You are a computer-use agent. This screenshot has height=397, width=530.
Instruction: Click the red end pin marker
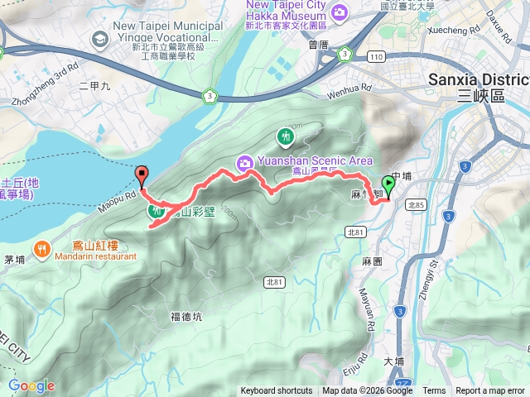tap(142, 175)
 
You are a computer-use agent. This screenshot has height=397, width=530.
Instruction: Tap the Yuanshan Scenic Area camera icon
tap(245, 161)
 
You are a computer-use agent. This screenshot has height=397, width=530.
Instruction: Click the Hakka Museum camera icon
tap(339, 12)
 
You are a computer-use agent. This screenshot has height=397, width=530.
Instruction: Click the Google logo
tap(31, 385)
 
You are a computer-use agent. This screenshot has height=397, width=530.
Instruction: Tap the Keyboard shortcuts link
tap(277, 391)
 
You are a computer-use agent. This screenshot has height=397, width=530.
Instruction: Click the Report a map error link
tap(491, 391)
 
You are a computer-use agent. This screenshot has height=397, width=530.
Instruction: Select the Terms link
tap(434, 391)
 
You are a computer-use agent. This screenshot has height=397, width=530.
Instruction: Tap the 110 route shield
tap(377, 55)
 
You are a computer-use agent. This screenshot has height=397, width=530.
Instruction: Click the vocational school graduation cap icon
tap(99, 38)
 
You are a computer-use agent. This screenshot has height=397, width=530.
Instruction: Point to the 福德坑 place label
tap(185, 316)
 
